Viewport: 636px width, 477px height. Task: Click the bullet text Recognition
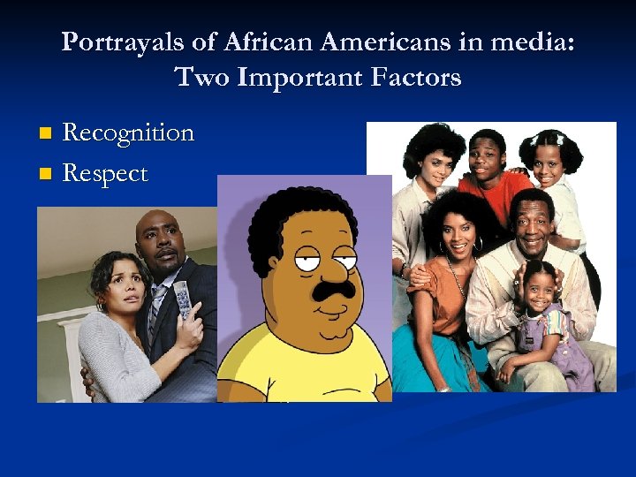128,133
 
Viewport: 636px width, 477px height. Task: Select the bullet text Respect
105,173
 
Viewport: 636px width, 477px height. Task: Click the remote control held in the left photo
182,299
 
